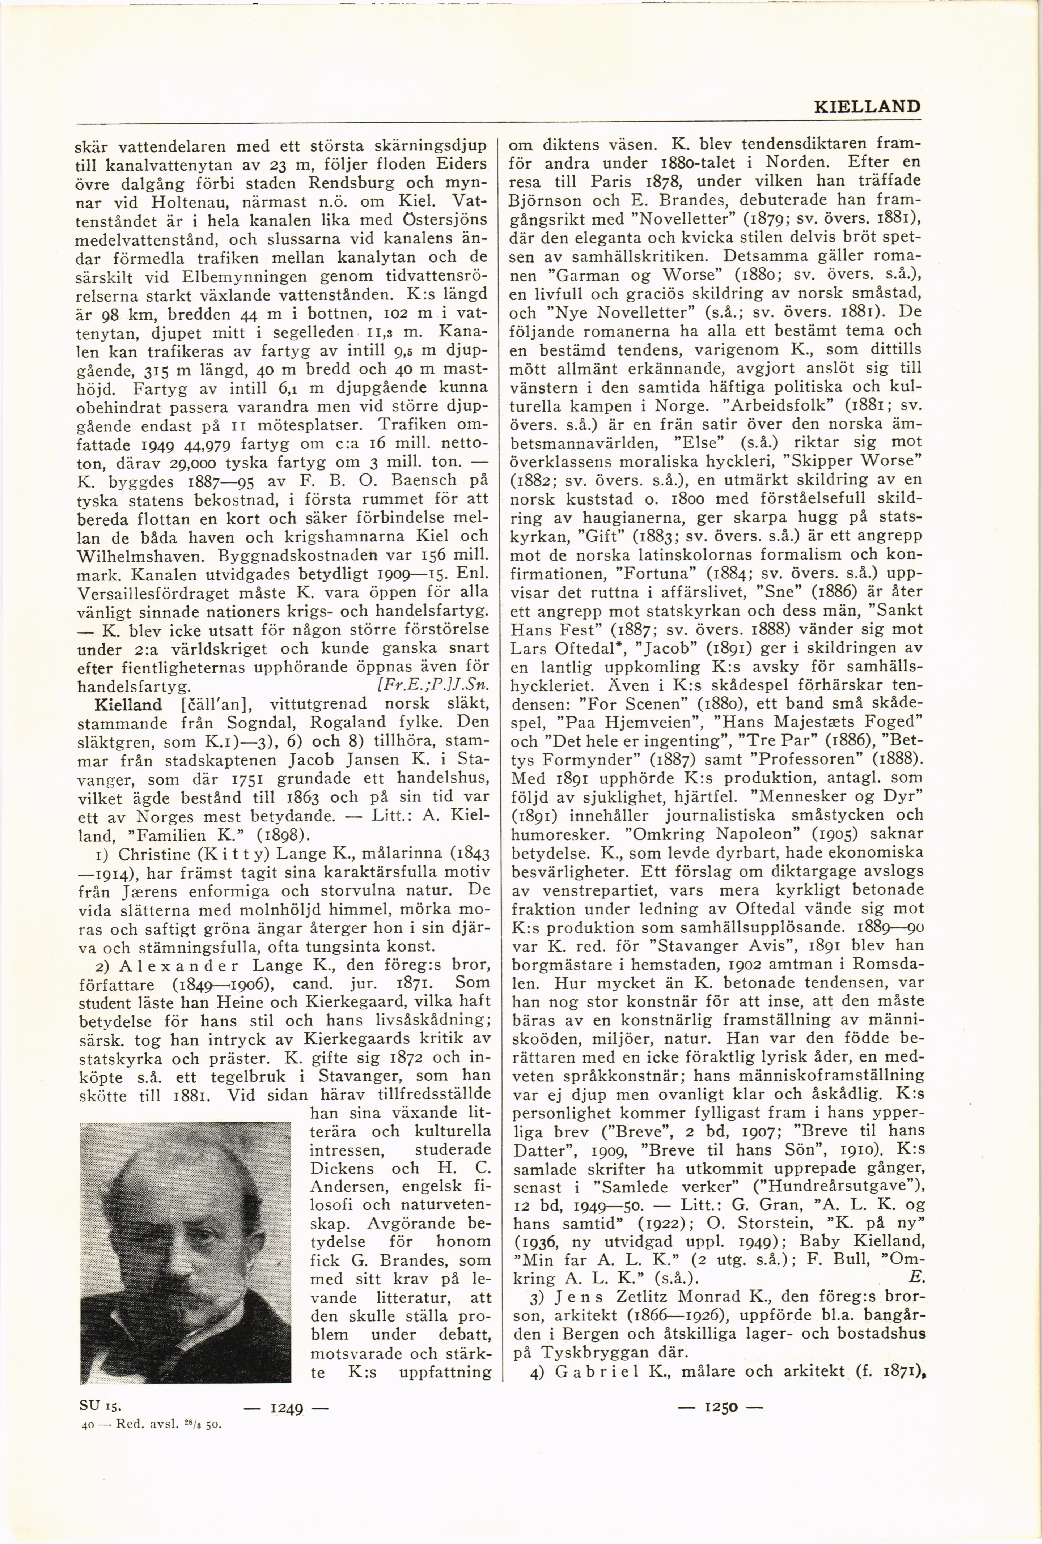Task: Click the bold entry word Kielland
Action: pos(128,705)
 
